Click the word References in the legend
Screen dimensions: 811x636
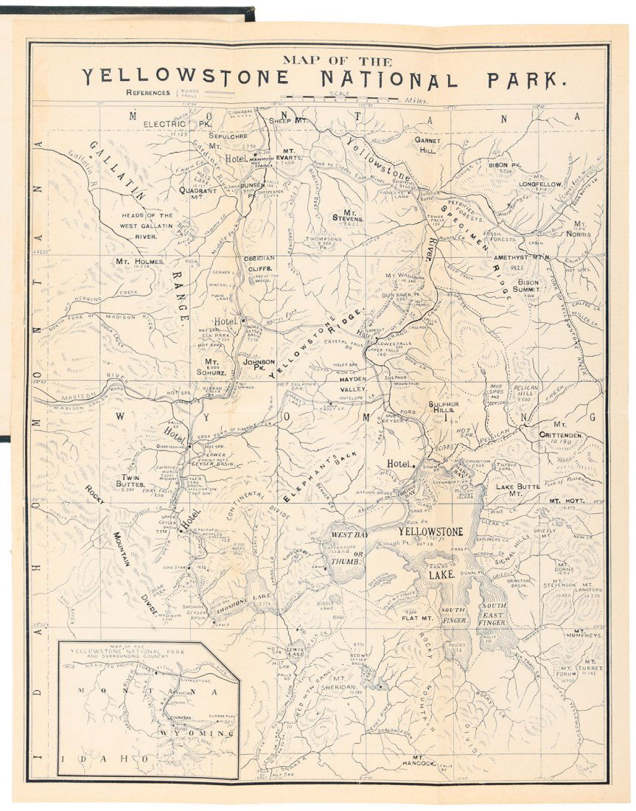tap(150, 93)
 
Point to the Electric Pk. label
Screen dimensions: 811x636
tap(168, 124)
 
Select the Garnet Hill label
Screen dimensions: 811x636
tap(427, 144)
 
